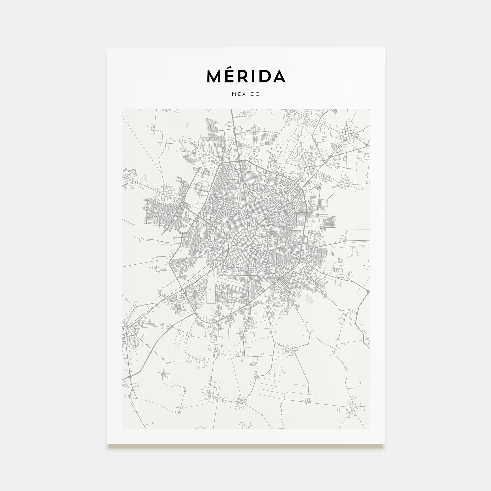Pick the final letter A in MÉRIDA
click(x=279, y=76)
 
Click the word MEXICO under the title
click(x=246, y=94)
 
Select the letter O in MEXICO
click(x=258, y=94)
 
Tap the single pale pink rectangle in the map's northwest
click(x=188, y=125)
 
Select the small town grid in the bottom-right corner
click(x=353, y=409)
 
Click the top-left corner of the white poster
click(x=107, y=48)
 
